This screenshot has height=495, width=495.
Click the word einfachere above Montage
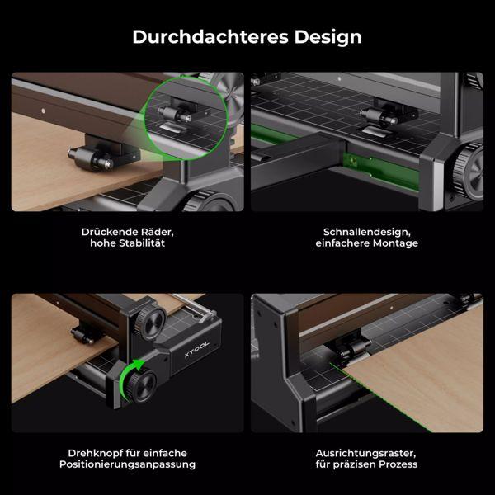346,244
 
